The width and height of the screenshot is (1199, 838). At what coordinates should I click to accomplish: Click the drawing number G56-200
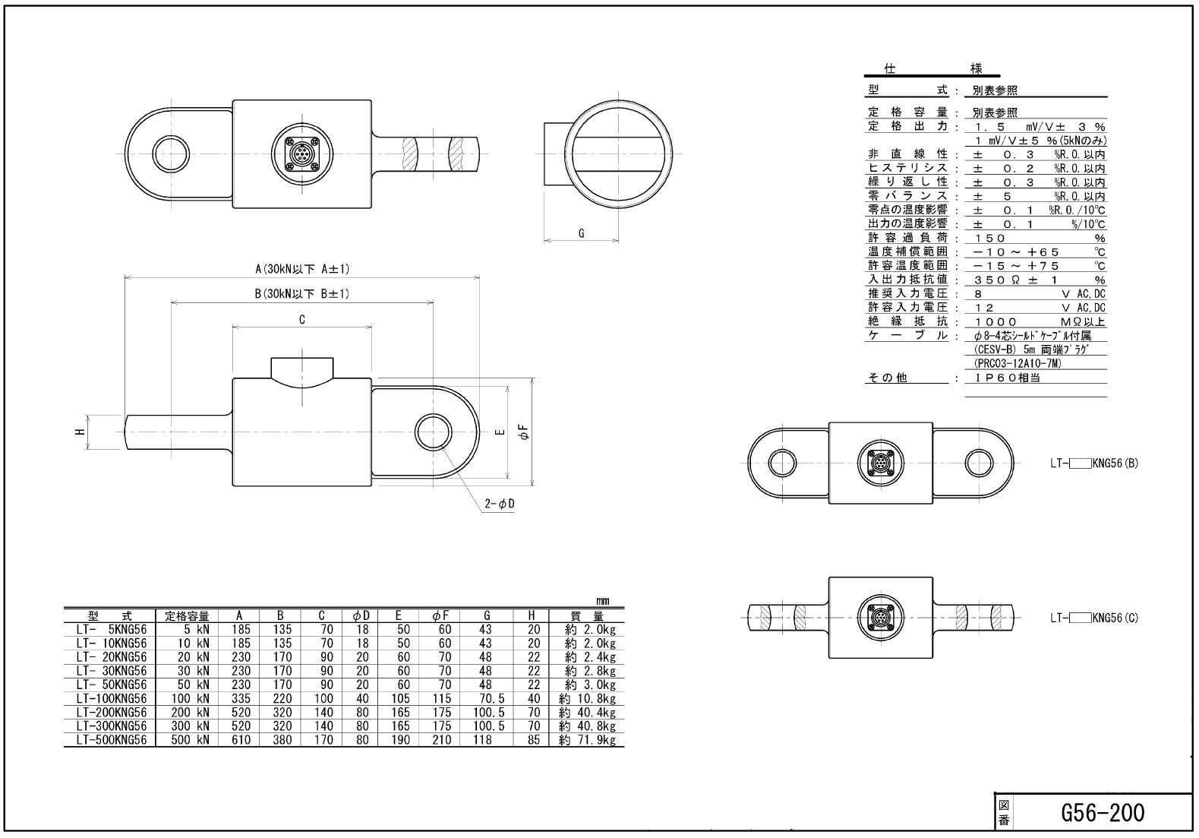coord(1102,813)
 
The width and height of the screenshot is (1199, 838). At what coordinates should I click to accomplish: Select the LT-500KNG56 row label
coord(112,740)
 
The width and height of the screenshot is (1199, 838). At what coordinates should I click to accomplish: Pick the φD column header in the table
coord(361,616)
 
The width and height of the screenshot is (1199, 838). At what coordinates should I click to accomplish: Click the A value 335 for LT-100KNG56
coord(241,699)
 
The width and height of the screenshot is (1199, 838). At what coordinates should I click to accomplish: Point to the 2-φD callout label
coord(500,504)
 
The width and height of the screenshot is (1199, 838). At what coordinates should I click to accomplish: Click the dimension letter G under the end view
coord(582,233)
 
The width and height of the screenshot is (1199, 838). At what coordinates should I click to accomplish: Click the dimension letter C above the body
coord(302,320)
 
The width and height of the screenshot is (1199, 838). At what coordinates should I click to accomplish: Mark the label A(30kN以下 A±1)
coord(302,269)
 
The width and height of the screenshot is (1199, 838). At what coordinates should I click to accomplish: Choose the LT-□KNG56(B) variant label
coord(1094,463)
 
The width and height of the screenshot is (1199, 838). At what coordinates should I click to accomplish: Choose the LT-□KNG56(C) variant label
coord(1094,618)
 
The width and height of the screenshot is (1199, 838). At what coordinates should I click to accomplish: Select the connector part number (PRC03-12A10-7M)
coord(1017,364)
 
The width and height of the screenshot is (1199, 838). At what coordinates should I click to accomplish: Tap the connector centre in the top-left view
coord(302,154)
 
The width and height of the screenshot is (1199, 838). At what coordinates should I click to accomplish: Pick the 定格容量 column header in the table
coord(187,616)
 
